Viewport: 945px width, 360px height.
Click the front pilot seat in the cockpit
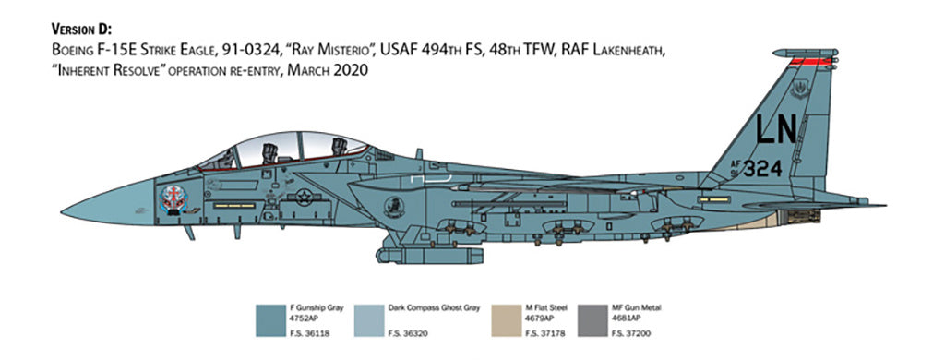click(269, 150)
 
